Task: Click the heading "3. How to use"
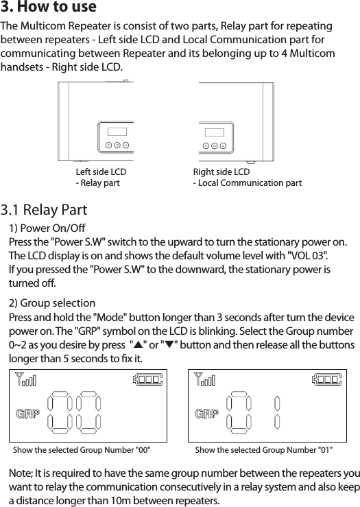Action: (x=49, y=8)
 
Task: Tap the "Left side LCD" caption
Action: (x=100, y=172)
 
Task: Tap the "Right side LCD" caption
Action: (x=221, y=172)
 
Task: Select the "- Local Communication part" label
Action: (x=247, y=183)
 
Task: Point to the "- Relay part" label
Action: (x=97, y=183)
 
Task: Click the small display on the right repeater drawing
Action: (x=214, y=132)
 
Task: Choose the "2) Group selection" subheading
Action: (x=52, y=303)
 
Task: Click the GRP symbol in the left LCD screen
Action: (x=28, y=414)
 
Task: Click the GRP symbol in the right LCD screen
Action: (x=206, y=414)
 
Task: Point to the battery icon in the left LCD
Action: (x=149, y=379)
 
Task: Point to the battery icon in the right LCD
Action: (x=327, y=379)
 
